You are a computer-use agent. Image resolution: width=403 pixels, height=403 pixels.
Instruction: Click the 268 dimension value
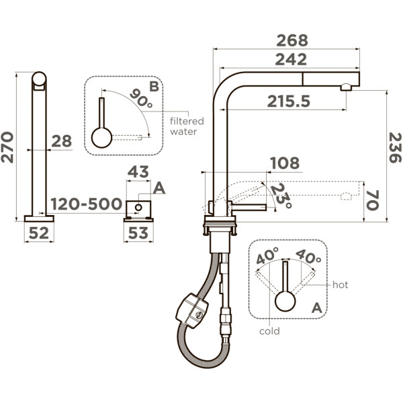point(292,40)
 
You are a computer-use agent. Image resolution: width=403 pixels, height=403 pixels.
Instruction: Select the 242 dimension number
point(291,59)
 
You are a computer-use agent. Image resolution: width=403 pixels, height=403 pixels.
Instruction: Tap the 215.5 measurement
point(289,101)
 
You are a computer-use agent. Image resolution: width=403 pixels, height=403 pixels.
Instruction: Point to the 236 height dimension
point(395,148)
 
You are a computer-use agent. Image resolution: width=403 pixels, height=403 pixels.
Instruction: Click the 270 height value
point(7,147)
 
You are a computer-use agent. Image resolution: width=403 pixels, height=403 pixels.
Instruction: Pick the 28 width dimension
point(61,141)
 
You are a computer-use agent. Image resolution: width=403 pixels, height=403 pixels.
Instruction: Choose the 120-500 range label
point(86,204)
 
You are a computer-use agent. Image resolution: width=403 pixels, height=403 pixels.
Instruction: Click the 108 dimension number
point(285,163)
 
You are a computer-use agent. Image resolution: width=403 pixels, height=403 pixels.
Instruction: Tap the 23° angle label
point(281,195)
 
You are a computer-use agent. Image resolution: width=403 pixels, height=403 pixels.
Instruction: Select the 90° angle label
point(142,98)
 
